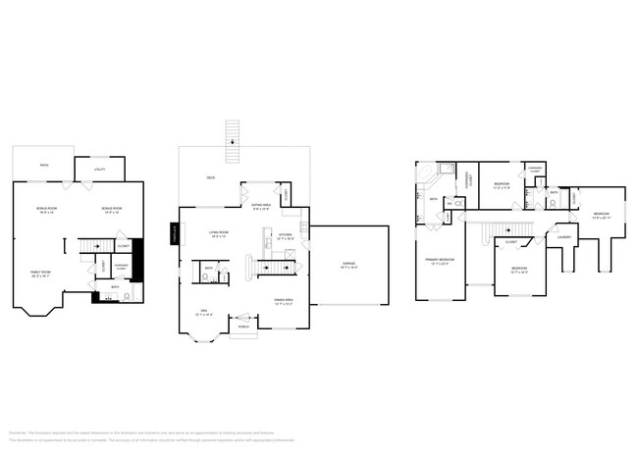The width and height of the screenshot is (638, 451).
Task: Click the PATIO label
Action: [44, 166]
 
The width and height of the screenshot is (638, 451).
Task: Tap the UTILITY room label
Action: [99, 171]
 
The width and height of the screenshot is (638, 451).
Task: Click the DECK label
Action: [210, 177]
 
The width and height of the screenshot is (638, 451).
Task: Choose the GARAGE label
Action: [348, 264]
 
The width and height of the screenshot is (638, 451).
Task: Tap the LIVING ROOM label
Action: [218, 233]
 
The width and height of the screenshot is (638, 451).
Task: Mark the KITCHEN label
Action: [285, 235]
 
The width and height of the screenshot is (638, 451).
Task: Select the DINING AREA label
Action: [285, 301]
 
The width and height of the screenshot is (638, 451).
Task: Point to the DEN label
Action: [204, 312]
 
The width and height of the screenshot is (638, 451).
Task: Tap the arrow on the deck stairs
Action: [233, 143]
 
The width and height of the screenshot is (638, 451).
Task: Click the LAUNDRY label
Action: [563, 236]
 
